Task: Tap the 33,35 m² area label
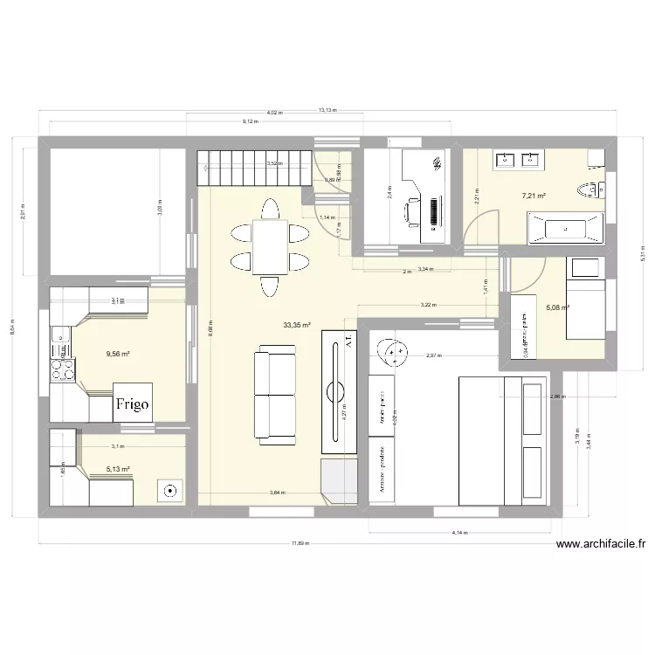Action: pyautogui.click(x=297, y=325)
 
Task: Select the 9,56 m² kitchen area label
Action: pyautogui.click(x=118, y=354)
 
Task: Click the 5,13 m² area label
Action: pyautogui.click(x=118, y=469)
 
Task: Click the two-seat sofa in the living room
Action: pyautogui.click(x=274, y=394)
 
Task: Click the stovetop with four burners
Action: pyautogui.click(x=62, y=365)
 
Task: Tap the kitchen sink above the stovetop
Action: pyautogui.click(x=61, y=335)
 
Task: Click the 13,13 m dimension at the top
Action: pyautogui.click(x=327, y=111)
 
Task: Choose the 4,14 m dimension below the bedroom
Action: pyautogui.click(x=458, y=532)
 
